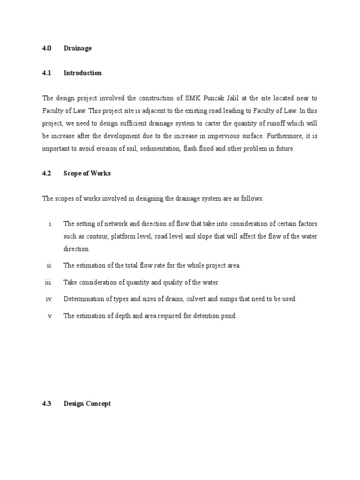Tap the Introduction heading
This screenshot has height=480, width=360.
coord(82,73)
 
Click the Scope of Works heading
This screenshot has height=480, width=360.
coord(87,173)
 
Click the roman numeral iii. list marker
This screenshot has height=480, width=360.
coord(48,282)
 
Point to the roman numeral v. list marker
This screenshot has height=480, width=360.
coord(50,316)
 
